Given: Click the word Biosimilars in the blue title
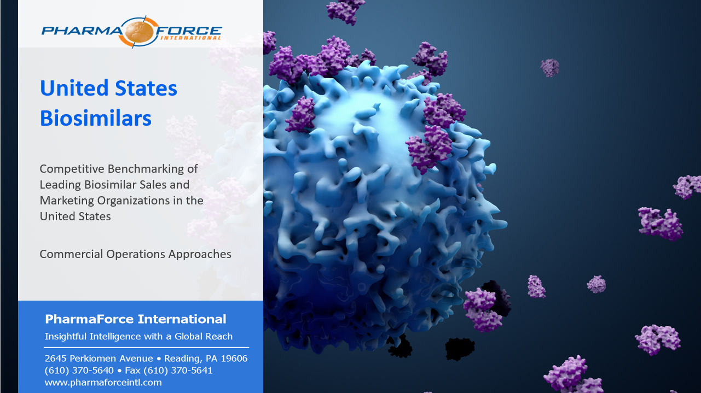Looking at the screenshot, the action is (x=96, y=118).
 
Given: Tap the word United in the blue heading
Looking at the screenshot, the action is (x=74, y=88).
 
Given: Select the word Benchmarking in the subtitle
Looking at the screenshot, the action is (x=146, y=169).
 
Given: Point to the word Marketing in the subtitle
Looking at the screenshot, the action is (x=67, y=201).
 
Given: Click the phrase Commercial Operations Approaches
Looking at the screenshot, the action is (x=136, y=254).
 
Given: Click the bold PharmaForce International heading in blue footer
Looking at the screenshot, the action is (x=136, y=319).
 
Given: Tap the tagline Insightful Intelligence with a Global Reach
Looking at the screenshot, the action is (x=138, y=336).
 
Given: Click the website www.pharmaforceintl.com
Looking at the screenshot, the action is (x=103, y=383).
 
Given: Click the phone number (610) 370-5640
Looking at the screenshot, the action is (x=79, y=371).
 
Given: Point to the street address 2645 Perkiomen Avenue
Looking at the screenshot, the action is (x=99, y=359).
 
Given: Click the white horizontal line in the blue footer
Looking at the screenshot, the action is (x=147, y=347).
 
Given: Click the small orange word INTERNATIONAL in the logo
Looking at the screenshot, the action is (x=191, y=38).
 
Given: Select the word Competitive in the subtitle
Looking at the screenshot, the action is (x=72, y=169).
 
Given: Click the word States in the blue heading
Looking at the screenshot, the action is (x=146, y=88).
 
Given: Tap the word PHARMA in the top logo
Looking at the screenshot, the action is (x=83, y=31).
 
